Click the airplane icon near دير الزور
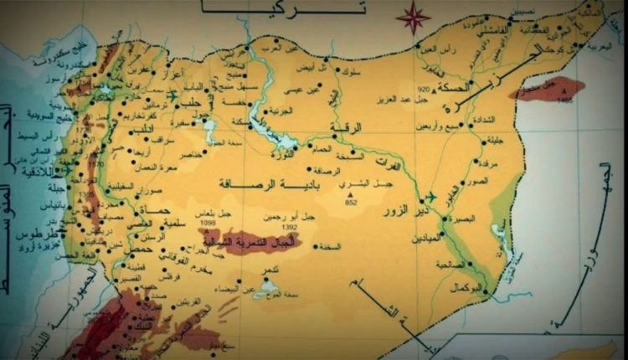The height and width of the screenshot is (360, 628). click(431, 197)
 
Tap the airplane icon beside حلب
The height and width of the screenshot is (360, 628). click(173, 95)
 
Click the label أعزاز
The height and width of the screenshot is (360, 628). click(186, 64)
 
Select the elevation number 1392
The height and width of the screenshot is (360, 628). click(291, 227)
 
